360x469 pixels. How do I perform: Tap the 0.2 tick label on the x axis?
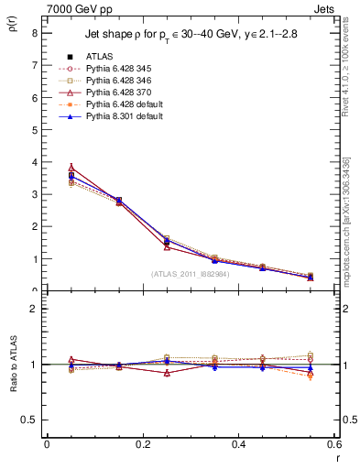[x=142, y=444]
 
